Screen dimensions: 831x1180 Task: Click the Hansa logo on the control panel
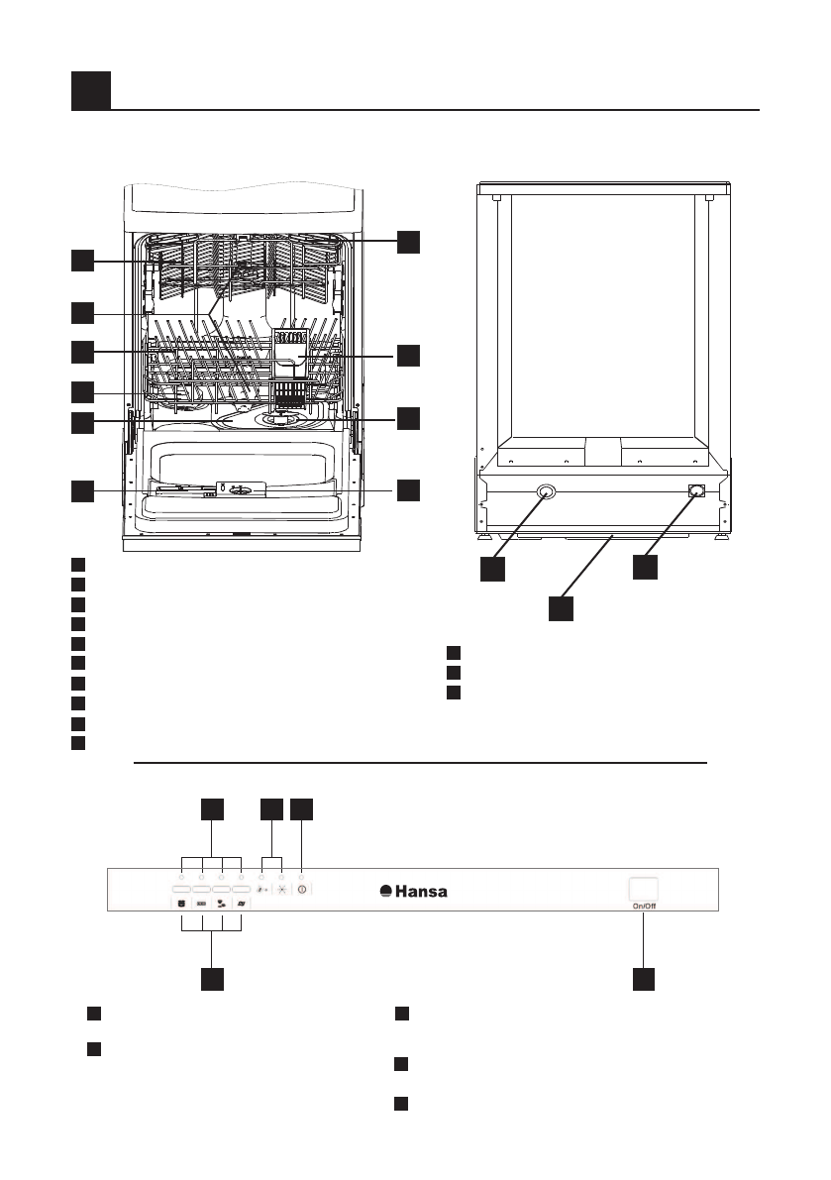point(414,891)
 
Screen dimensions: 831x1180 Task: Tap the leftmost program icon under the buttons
point(182,904)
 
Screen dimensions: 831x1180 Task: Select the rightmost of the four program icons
point(241,904)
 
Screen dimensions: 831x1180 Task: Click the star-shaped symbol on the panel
point(281,890)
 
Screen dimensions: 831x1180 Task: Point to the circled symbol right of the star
point(301,890)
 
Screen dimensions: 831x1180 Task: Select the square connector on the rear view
point(696,490)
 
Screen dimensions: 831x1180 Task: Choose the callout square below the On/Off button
point(646,978)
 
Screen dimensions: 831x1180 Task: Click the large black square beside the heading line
point(90,90)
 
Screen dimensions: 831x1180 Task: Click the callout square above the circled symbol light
point(302,809)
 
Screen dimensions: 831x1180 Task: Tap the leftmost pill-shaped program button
point(182,891)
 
